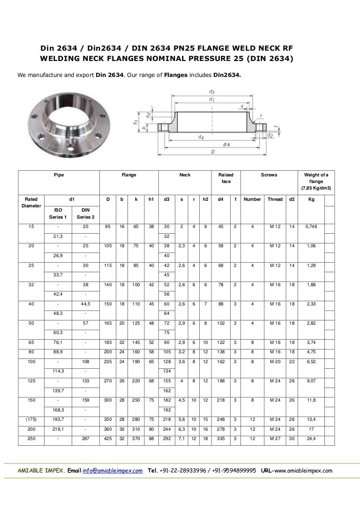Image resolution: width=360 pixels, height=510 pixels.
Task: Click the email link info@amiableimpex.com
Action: click(112, 471)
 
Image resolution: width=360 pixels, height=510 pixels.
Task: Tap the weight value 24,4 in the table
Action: click(311, 438)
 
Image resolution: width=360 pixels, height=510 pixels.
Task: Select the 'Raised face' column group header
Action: click(226, 178)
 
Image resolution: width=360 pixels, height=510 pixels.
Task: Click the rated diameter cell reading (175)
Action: click(31, 419)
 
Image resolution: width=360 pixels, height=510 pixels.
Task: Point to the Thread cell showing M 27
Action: click(275, 438)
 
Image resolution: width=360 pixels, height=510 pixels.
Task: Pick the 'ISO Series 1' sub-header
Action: click(58, 213)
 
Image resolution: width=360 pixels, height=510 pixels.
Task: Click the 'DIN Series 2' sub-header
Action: click(85, 213)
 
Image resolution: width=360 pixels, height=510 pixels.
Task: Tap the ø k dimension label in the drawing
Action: click(226, 145)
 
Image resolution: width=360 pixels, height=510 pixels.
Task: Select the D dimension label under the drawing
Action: click(213, 152)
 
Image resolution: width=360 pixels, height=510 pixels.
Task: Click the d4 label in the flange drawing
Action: click(201, 137)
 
